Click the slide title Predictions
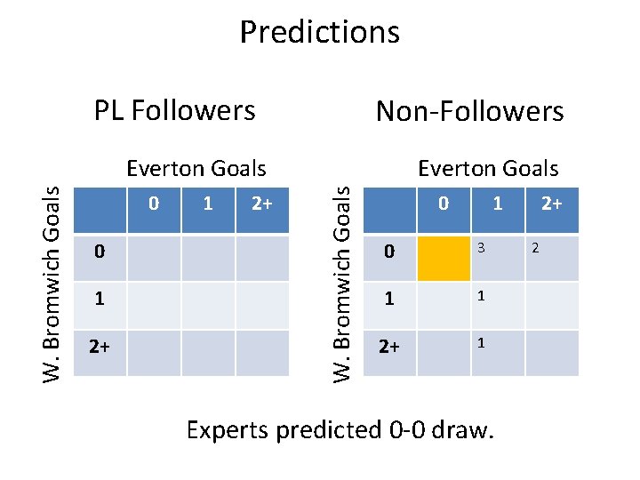tap(319, 32)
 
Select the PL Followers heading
tap(175, 110)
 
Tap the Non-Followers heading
tap(469, 112)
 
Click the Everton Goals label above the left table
tap(196, 168)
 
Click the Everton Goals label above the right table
tap(488, 168)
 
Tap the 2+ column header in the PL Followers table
tap(261, 204)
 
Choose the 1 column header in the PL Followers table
tap(208, 204)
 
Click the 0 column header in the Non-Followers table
tap(444, 204)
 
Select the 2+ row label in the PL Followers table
tap(98, 344)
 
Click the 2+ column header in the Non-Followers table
tap(551, 204)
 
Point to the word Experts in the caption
tap(228, 430)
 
